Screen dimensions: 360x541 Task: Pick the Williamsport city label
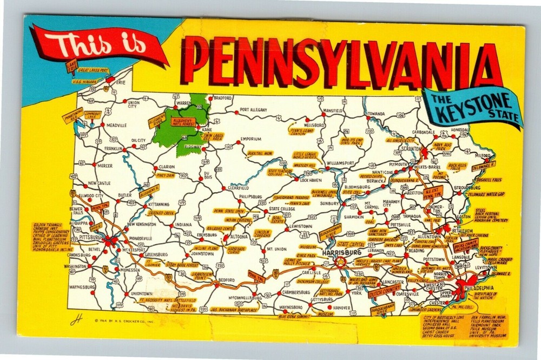click(341, 162)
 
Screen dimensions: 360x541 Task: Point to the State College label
click(282, 208)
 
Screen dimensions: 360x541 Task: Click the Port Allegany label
click(253, 110)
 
